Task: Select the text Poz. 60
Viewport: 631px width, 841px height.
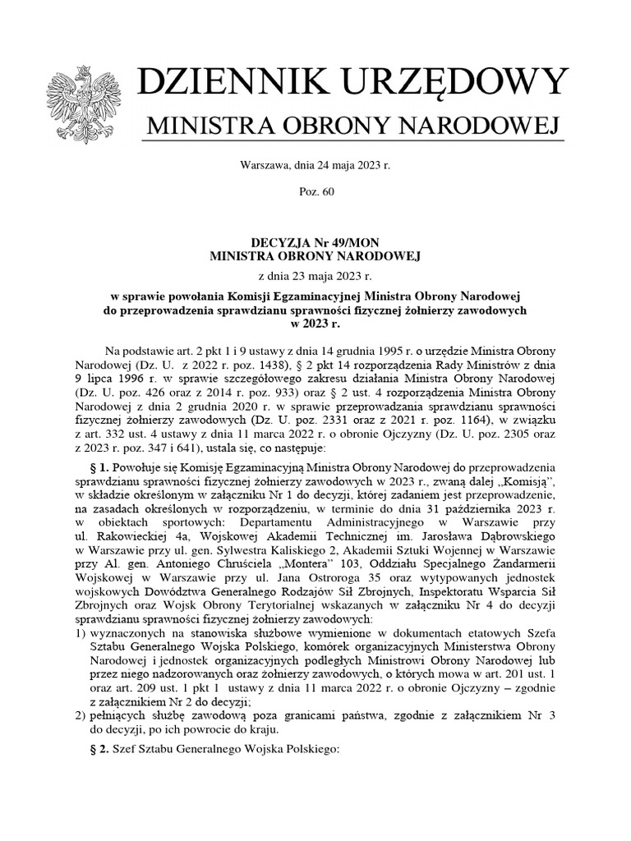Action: (315, 191)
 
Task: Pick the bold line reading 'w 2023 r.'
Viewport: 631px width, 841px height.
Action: (315, 324)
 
